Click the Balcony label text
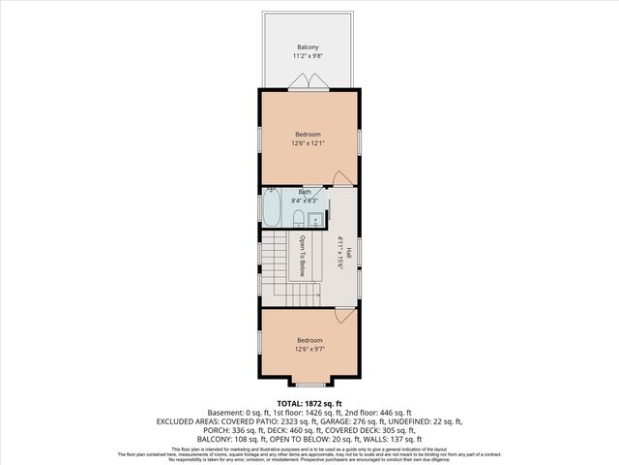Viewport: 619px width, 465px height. point(308,46)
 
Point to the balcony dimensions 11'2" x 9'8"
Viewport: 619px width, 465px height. point(308,56)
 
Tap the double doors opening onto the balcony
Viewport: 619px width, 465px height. point(308,84)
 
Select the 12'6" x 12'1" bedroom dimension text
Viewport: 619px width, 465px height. point(308,142)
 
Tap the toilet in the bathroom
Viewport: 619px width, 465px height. point(299,218)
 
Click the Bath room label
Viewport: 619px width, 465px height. point(305,193)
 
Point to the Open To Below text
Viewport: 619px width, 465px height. point(302,256)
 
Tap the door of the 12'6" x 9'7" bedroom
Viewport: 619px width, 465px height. point(340,316)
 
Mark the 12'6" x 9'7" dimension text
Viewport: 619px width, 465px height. point(309,350)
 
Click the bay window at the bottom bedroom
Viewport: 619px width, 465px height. point(309,384)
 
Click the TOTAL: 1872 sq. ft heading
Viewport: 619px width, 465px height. point(309,403)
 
